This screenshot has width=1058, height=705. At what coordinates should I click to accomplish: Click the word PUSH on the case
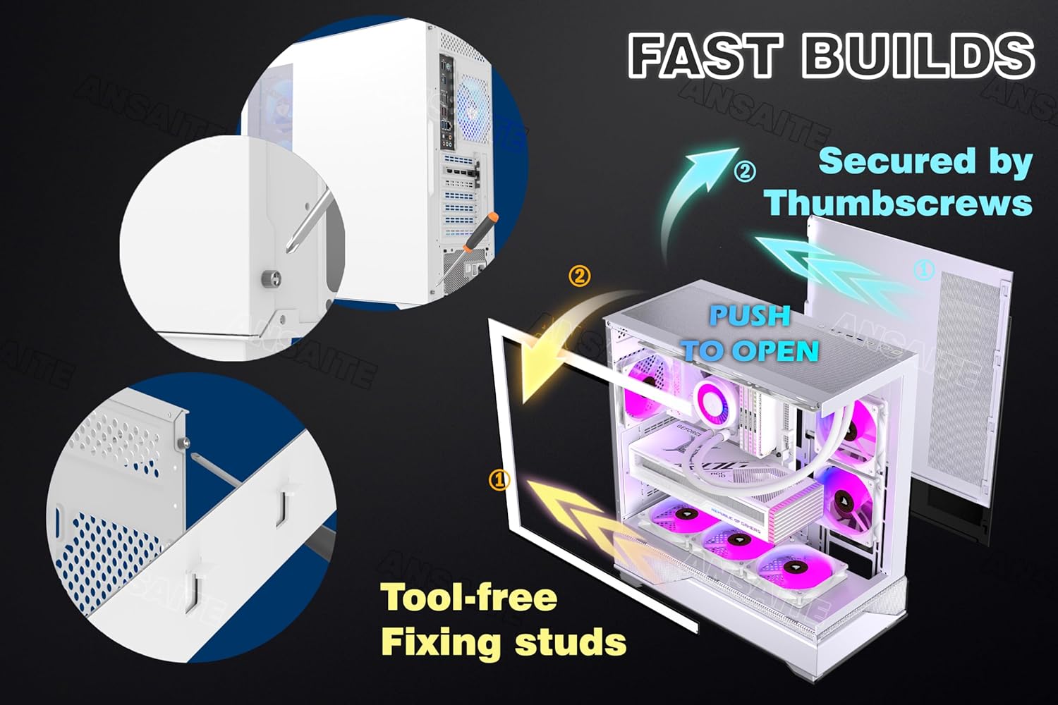[x=749, y=316]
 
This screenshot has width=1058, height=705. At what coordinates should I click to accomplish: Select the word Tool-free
[x=469, y=598]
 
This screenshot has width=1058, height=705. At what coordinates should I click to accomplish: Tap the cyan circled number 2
[x=745, y=171]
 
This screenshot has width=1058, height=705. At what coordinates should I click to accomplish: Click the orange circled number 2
[x=579, y=276]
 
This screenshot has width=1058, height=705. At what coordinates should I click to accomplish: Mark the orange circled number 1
[x=499, y=480]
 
